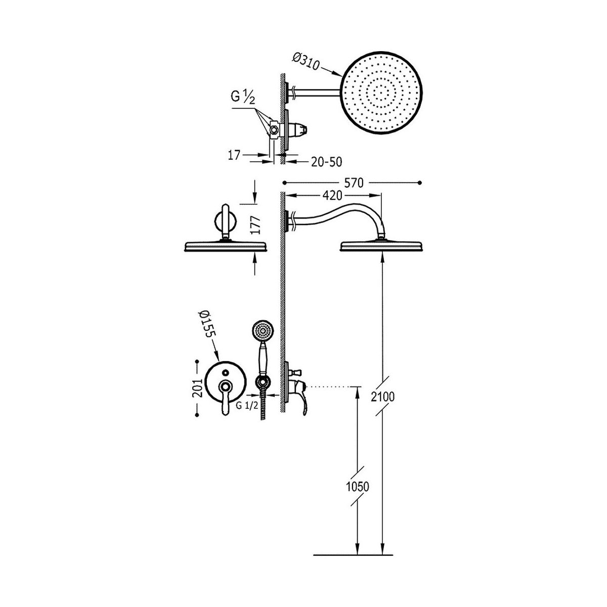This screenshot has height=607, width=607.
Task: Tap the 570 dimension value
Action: coord(354,183)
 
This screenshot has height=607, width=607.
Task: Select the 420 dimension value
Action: coord(333,196)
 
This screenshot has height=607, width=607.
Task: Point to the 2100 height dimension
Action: coord(383,397)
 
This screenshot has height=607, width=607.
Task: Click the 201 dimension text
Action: coord(197,388)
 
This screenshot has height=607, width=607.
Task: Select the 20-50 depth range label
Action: coord(326,162)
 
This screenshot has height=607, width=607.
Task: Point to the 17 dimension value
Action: coord(234,155)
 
